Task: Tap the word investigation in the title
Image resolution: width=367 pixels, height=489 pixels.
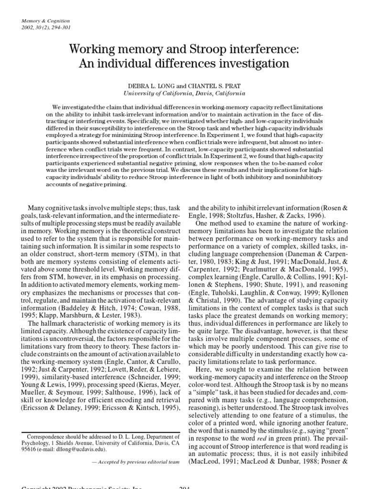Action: click(255, 63)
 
